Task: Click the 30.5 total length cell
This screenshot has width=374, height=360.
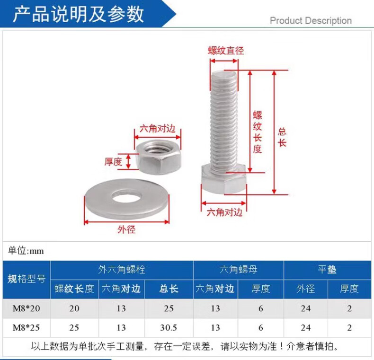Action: (x=169, y=327)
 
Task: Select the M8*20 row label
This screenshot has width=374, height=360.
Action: (x=27, y=308)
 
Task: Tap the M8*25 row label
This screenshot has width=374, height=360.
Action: (x=27, y=327)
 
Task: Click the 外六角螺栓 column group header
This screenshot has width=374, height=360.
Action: (x=122, y=270)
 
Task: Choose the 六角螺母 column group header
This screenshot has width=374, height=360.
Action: (x=238, y=270)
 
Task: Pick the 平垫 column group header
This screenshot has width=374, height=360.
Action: (x=327, y=270)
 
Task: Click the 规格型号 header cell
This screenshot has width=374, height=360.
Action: (x=27, y=279)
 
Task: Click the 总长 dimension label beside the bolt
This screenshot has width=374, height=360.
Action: (x=282, y=137)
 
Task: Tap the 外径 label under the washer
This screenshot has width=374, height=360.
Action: (x=126, y=230)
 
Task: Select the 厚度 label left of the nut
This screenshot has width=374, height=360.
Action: (x=113, y=161)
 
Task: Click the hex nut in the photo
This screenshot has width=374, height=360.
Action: (x=158, y=156)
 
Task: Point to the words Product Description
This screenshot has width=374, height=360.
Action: (x=311, y=21)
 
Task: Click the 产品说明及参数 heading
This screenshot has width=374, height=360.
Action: (x=78, y=14)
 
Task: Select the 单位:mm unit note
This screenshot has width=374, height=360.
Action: (x=26, y=251)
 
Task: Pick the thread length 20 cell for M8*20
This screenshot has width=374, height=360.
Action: (x=74, y=308)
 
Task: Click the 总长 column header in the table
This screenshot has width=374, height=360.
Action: (x=169, y=289)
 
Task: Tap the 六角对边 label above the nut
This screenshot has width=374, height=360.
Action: (x=157, y=129)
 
